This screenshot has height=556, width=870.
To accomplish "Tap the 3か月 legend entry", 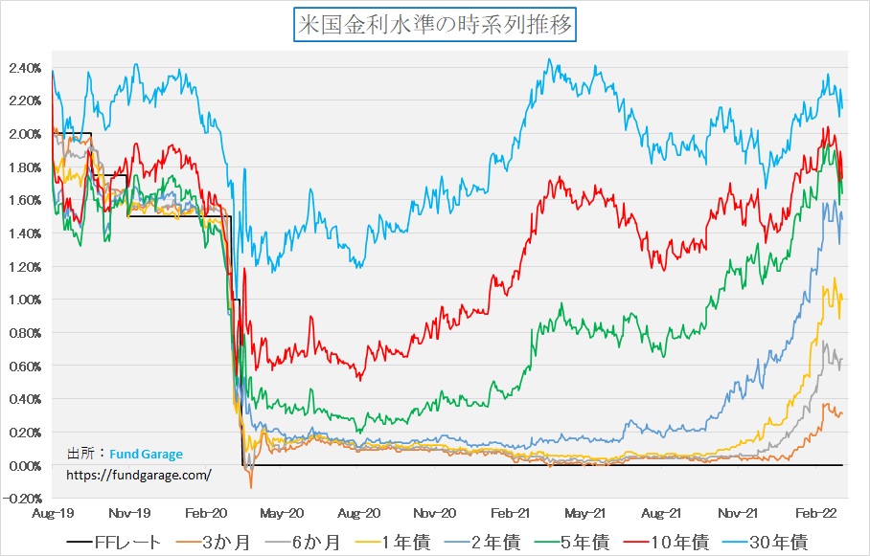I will pos(223,543).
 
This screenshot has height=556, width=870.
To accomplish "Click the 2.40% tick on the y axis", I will pos(23,68).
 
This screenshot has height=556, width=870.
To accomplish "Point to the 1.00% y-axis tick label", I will pos(23,300).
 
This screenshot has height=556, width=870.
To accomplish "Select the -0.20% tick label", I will pos(22,499).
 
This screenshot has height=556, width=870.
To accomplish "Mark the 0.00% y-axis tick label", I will pos(23,466).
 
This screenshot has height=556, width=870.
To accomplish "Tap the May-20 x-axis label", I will pos(283,513).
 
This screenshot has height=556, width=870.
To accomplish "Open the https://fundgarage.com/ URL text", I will pos(138,474).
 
